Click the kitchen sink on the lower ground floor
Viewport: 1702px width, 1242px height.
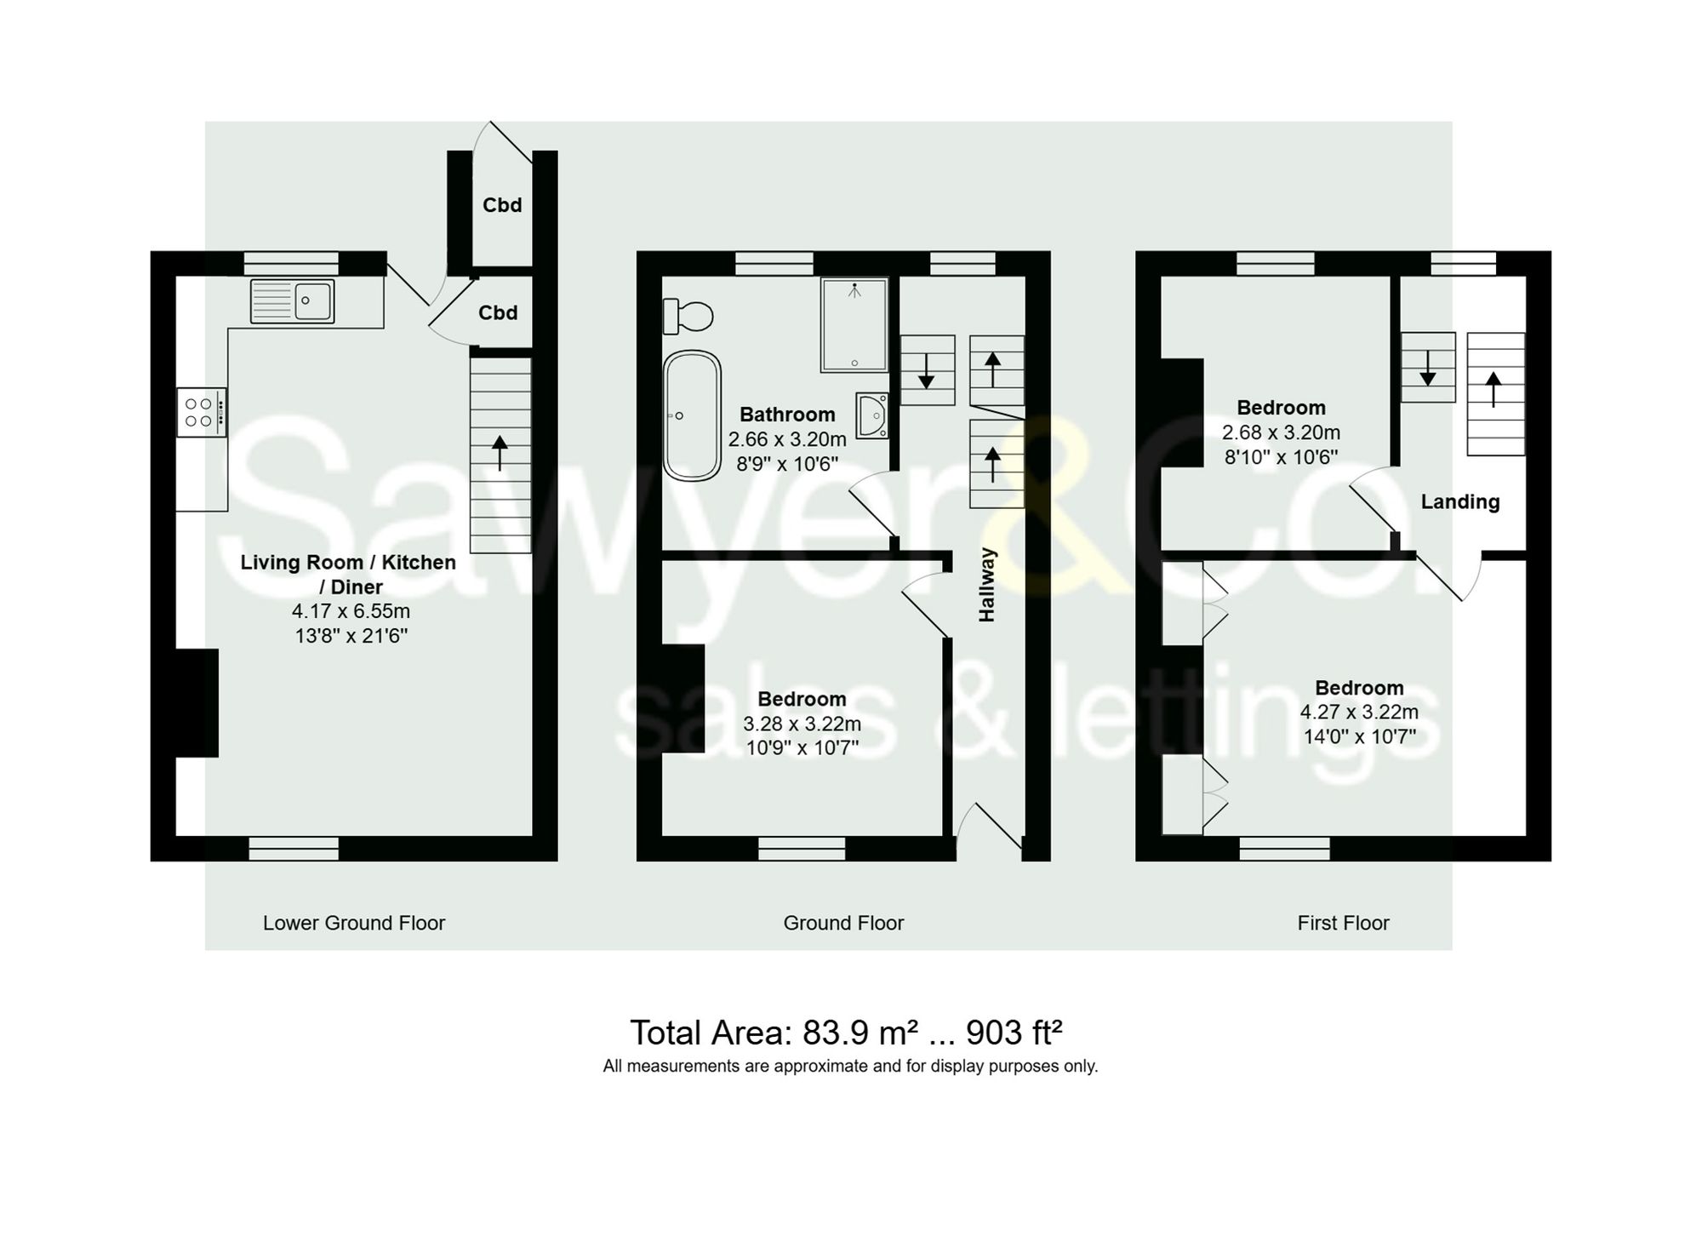coord(293,301)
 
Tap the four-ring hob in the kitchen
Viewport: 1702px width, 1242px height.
coord(202,413)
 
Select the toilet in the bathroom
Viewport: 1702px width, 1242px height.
coord(688,316)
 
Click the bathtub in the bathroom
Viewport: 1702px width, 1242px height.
coord(692,415)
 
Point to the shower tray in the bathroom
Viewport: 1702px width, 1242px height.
coord(854,325)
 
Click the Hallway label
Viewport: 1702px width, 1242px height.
coord(986,585)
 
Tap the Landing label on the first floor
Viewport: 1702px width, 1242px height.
coord(1459,502)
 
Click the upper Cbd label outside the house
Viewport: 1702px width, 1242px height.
coord(502,205)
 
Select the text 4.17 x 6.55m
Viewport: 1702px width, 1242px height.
coord(351,611)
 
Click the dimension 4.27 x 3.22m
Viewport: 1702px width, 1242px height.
coord(1359,713)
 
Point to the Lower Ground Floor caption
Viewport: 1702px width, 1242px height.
coord(354,923)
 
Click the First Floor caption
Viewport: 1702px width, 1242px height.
coord(1343,923)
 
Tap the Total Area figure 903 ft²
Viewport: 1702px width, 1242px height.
coord(1014,1033)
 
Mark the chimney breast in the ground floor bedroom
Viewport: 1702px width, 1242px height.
coord(683,699)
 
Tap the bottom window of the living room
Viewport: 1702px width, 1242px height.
coord(294,848)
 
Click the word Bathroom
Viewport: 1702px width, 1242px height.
coord(787,415)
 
